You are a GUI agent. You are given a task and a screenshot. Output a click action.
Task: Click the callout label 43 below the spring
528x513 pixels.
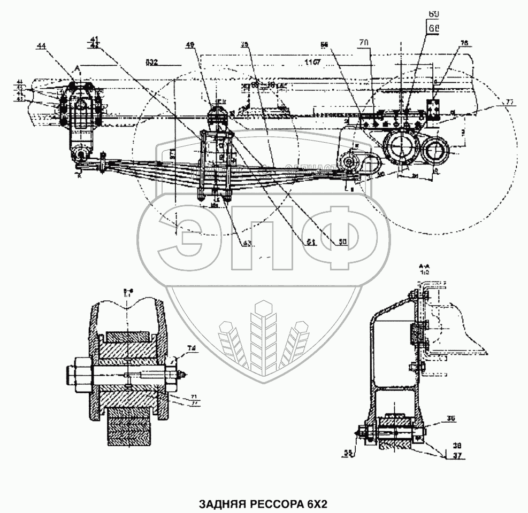point(247,243)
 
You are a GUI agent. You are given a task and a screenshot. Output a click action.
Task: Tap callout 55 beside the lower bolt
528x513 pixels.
point(348,453)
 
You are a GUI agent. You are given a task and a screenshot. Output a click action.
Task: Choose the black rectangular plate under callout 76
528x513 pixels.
point(433,108)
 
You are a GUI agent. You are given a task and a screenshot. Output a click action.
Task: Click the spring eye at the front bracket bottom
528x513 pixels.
point(81,155)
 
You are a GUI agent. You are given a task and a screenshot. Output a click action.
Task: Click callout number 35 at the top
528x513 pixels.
point(244,45)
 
